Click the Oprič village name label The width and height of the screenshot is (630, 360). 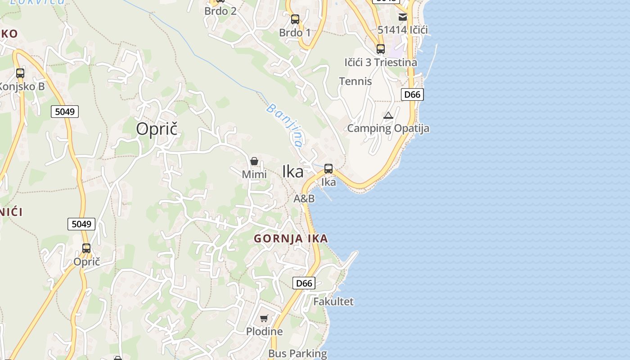pyautogui.click(x=157, y=129)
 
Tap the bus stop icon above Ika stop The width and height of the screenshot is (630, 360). pyautogui.click(x=328, y=169)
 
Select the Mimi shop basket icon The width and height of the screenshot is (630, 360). pyautogui.click(x=254, y=161)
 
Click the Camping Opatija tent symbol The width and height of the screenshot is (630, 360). pyautogui.click(x=388, y=116)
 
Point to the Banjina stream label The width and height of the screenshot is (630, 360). pyautogui.click(x=284, y=125)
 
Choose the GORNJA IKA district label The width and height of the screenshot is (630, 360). pyautogui.click(x=291, y=239)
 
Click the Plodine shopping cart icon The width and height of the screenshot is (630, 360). pyautogui.click(x=264, y=319)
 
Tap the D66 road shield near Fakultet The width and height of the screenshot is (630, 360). pyautogui.click(x=304, y=283)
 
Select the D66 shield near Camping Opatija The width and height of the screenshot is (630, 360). pyautogui.click(x=412, y=94)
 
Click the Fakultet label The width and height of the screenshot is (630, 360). pyautogui.click(x=333, y=301)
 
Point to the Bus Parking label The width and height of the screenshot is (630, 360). pyautogui.click(x=297, y=354)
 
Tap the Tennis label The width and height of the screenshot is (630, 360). pyautogui.click(x=355, y=81)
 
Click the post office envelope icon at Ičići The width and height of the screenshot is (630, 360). pyautogui.click(x=403, y=17)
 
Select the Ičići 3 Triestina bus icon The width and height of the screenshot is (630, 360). pyautogui.click(x=381, y=49)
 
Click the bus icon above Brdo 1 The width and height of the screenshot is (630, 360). pyautogui.click(x=295, y=19)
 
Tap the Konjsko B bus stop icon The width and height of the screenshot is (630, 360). pyautogui.click(x=20, y=73)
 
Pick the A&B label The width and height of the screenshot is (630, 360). pyautogui.click(x=304, y=198)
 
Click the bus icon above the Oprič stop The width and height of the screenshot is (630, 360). pyautogui.click(x=86, y=248)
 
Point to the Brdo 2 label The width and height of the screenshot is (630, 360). pyautogui.click(x=220, y=11)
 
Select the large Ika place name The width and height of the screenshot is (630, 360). pyautogui.click(x=292, y=171)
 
